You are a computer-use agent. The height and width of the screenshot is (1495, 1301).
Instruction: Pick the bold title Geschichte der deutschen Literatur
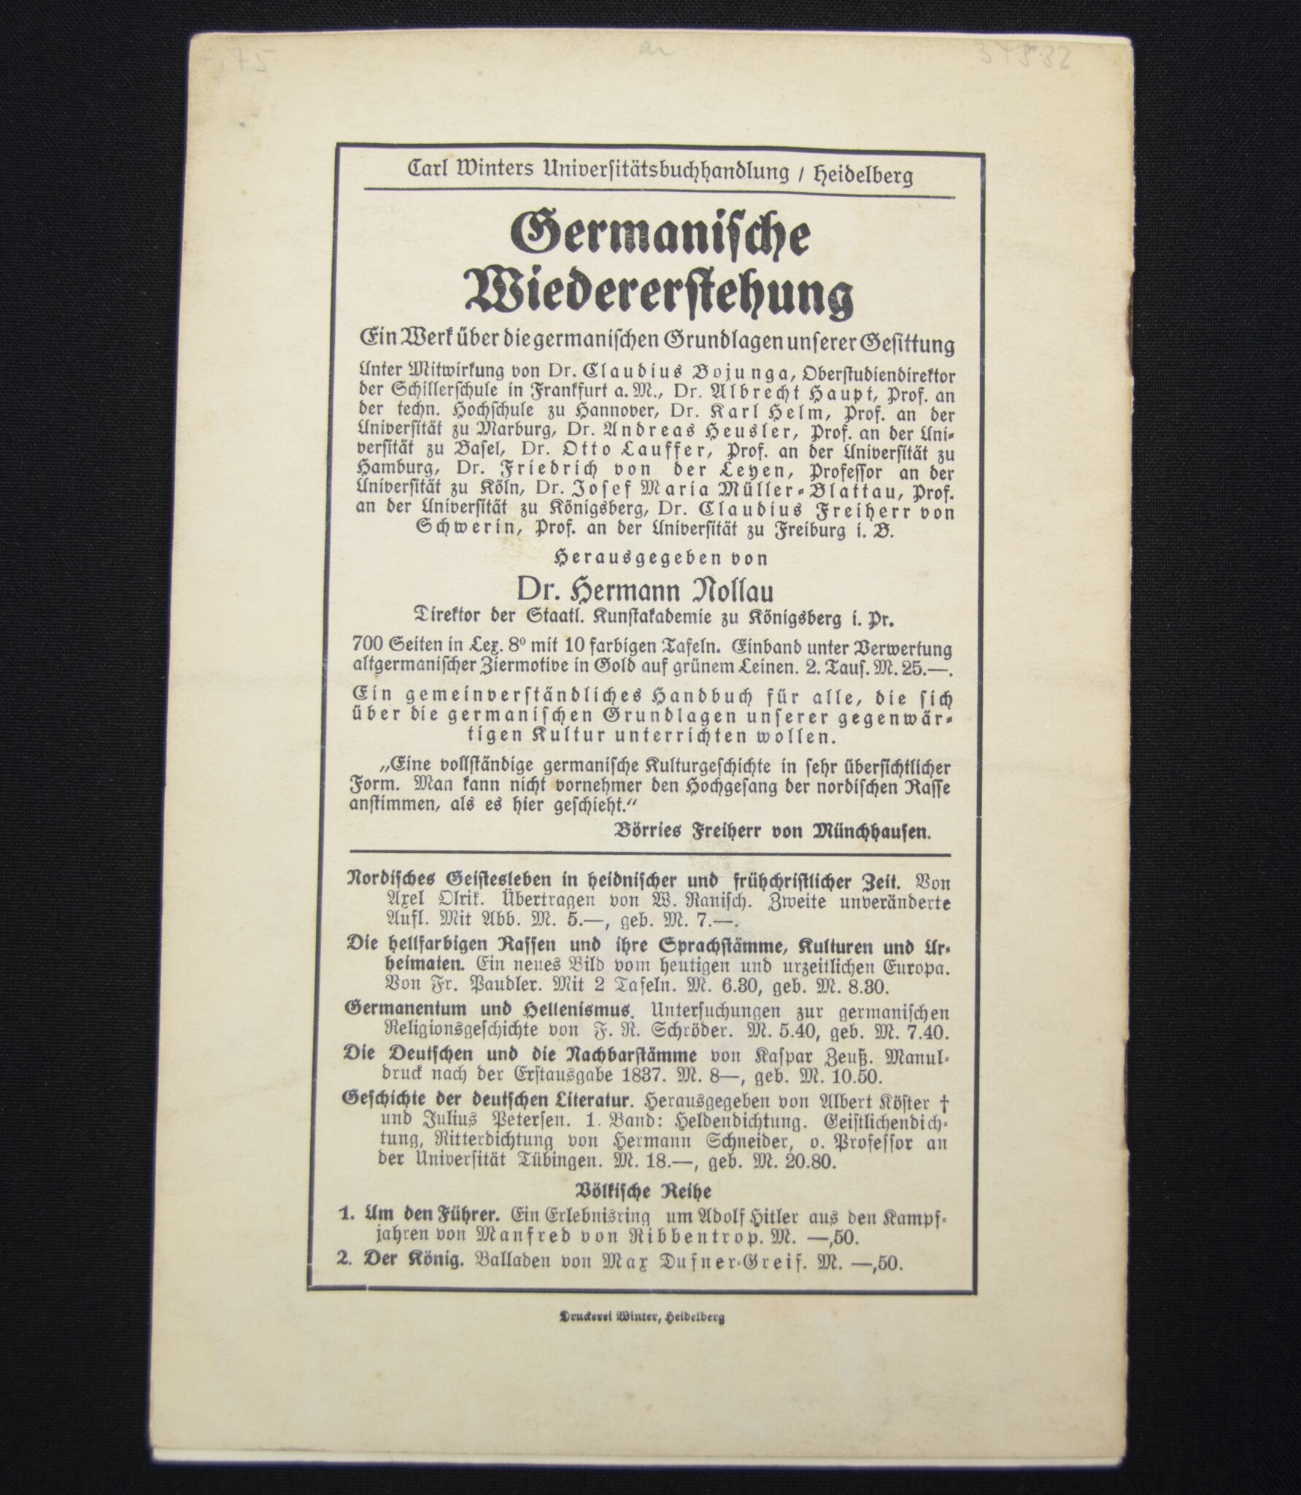[x=490, y=1098]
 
